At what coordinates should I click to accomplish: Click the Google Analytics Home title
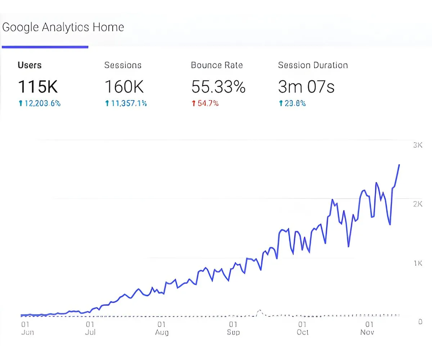[63, 27]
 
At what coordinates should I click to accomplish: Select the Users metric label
[30, 65]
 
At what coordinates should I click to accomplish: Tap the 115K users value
[37, 86]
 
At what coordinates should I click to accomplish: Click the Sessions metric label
[123, 65]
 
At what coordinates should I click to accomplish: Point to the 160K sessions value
[124, 86]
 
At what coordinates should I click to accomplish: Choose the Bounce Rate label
[217, 65]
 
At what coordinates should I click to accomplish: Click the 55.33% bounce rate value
[218, 86]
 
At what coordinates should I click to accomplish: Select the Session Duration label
[313, 65]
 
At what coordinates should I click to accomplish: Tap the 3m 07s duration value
[306, 86]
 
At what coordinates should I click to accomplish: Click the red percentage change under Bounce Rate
[205, 104]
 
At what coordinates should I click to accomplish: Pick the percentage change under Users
[39, 104]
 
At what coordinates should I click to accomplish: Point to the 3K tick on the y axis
[417, 145]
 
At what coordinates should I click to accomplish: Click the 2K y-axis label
[417, 204]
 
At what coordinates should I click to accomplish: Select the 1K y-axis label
[417, 264]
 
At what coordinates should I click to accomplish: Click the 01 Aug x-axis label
[162, 328]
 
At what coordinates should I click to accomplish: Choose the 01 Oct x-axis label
[302, 328]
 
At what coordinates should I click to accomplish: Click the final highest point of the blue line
[399, 165]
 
